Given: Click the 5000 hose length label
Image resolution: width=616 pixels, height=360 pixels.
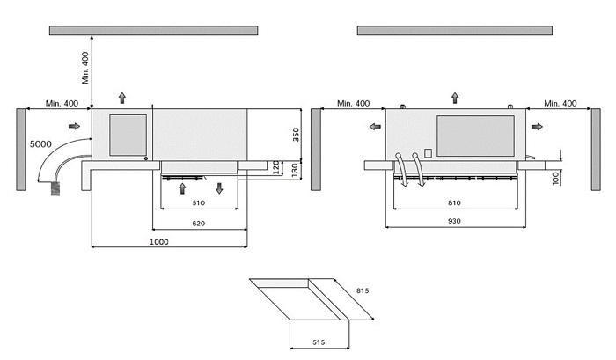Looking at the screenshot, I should point(39,143).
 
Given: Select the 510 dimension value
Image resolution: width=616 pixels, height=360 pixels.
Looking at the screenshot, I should point(199,202).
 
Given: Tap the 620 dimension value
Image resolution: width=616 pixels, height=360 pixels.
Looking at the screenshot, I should point(201,224).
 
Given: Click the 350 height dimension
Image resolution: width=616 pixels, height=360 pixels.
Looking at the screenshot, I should point(296,135).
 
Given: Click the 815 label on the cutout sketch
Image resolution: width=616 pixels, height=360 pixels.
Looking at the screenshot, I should point(362,290).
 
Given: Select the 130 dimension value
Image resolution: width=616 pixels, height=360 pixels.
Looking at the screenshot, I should point(296,168).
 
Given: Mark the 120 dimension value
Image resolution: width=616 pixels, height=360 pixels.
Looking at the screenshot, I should point(276,167).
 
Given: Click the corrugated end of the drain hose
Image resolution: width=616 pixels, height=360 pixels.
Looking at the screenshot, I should point(59,187).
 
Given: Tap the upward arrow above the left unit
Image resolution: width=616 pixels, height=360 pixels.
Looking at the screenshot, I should point(121,95).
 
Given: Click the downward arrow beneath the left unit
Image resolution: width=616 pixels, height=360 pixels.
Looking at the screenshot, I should point(219,187).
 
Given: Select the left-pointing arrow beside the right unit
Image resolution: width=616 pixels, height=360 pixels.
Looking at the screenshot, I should point(376,127).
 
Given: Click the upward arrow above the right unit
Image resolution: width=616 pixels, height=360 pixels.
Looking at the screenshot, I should point(455,95).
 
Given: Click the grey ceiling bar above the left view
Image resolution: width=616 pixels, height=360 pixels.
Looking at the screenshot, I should point(153,30).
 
